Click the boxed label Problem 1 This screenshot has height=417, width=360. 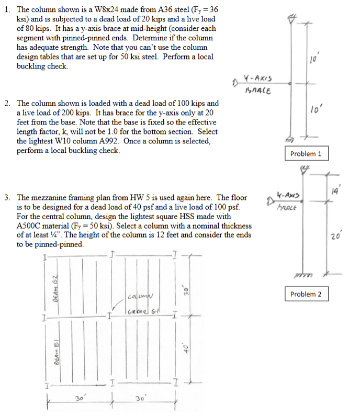click(309, 154)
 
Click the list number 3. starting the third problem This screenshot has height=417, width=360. click(7, 197)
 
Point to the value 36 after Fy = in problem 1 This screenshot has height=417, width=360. click(211, 10)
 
